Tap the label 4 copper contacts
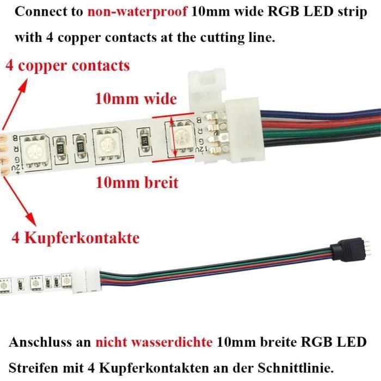point(67,66)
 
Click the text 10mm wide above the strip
point(136,99)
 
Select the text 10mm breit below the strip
point(137,182)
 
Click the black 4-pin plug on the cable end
point(345,253)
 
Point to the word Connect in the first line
point(37,12)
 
